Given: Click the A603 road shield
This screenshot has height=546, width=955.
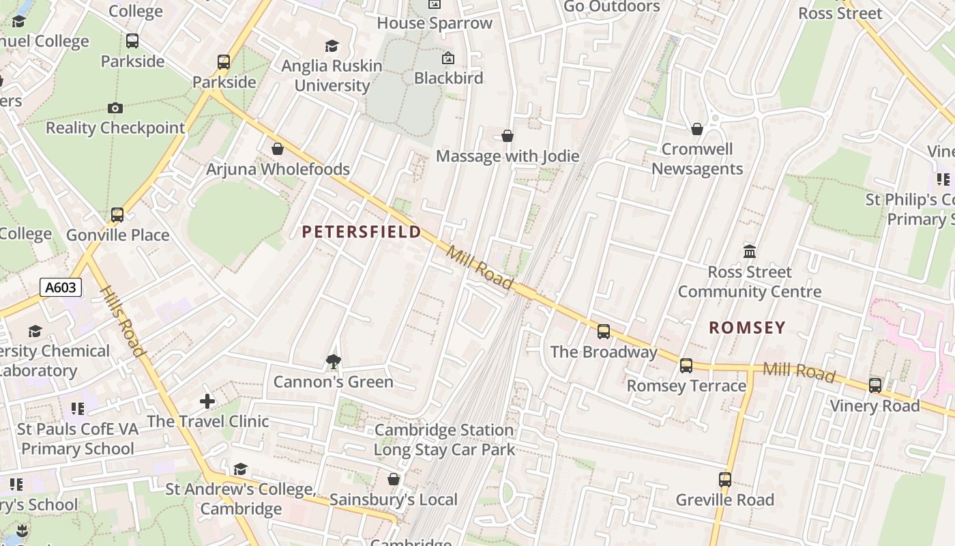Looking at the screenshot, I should pyautogui.click(x=60, y=287).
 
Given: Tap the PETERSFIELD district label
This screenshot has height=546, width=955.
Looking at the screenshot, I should pyautogui.click(x=362, y=232).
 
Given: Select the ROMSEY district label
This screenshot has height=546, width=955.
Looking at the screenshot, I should pyautogui.click(x=747, y=328).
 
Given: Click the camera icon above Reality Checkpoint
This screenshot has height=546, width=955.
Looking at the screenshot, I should pyautogui.click(x=115, y=108).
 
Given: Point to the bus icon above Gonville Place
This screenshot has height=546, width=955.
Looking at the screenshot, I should pyautogui.click(x=117, y=215).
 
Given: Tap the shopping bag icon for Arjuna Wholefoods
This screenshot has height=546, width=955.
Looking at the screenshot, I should pyautogui.click(x=278, y=149).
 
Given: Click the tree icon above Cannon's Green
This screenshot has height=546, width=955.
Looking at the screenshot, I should pyautogui.click(x=333, y=362).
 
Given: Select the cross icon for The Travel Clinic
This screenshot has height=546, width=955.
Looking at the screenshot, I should pyautogui.click(x=207, y=401).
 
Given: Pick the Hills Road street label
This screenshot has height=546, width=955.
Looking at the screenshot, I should pyautogui.click(x=123, y=321).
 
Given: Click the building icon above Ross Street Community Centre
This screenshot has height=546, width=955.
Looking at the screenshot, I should pyautogui.click(x=750, y=251).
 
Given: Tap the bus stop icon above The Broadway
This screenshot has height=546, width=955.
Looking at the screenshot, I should pyautogui.click(x=604, y=332).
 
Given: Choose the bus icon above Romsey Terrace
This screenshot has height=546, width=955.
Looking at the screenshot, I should pyautogui.click(x=686, y=366).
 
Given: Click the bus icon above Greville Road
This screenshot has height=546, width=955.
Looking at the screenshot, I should pyautogui.click(x=724, y=480).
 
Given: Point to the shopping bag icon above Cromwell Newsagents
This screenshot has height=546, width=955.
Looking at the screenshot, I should pyautogui.click(x=697, y=129).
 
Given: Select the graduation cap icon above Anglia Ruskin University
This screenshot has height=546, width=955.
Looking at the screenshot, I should pyautogui.click(x=332, y=46).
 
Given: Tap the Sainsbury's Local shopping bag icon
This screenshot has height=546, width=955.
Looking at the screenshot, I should pyautogui.click(x=394, y=480).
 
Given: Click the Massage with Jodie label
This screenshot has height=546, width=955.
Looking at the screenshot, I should pyautogui.click(x=508, y=156).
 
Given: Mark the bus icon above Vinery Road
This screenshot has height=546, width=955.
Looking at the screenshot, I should pyautogui.click(x=875, y=386).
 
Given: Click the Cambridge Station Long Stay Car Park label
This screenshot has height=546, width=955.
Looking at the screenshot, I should pyautogui.click(x=444, y=440).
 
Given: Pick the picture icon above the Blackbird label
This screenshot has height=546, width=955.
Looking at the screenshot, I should pyautogui.click(x=448, y=58).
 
